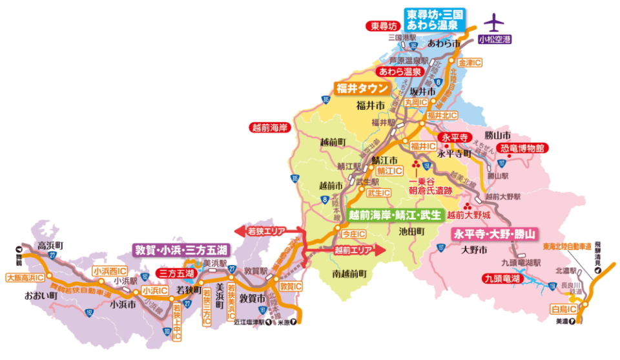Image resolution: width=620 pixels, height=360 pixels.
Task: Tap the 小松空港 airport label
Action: (x=495, y=39)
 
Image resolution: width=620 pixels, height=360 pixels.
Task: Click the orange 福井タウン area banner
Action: (x=362, y=89)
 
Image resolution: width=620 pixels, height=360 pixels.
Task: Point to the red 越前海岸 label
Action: (x=270, y=127)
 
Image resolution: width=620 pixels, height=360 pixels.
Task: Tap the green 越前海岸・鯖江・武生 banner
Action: (x=395, y=215)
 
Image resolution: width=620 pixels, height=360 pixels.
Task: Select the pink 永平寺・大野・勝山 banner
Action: (x=495, y=234)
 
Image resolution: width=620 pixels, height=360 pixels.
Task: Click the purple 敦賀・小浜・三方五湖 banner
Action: (x=181, y=250)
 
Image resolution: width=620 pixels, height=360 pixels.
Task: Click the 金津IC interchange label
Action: (x=470, y=63)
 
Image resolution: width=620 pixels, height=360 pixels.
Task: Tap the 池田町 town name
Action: (x=411, y=231)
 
